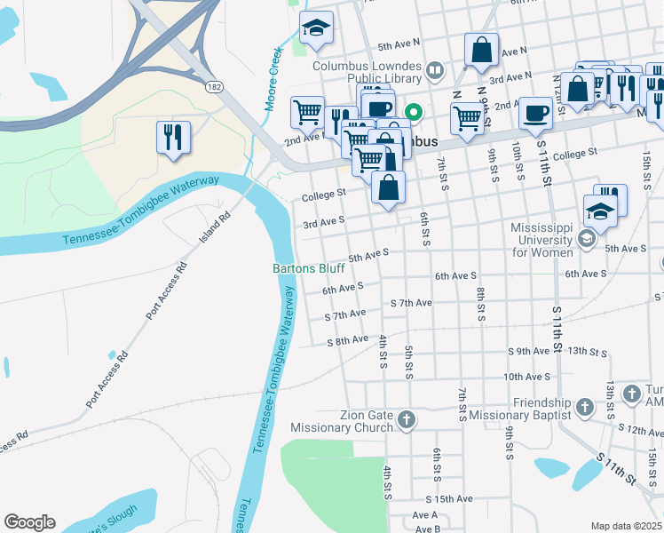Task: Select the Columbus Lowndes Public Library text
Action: (367, 72)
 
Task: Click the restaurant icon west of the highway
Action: (172, 136)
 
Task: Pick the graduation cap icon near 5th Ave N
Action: (316, 28)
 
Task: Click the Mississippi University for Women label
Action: (541, 240)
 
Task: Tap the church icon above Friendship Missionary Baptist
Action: (584, 407)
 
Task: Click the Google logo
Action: (29, 522)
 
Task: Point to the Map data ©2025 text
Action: (626, 526)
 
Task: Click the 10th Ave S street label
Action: (527, 377)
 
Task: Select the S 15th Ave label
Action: (448, 499)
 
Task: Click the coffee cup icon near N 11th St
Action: (534, 113)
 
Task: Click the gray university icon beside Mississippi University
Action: (586, 238)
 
